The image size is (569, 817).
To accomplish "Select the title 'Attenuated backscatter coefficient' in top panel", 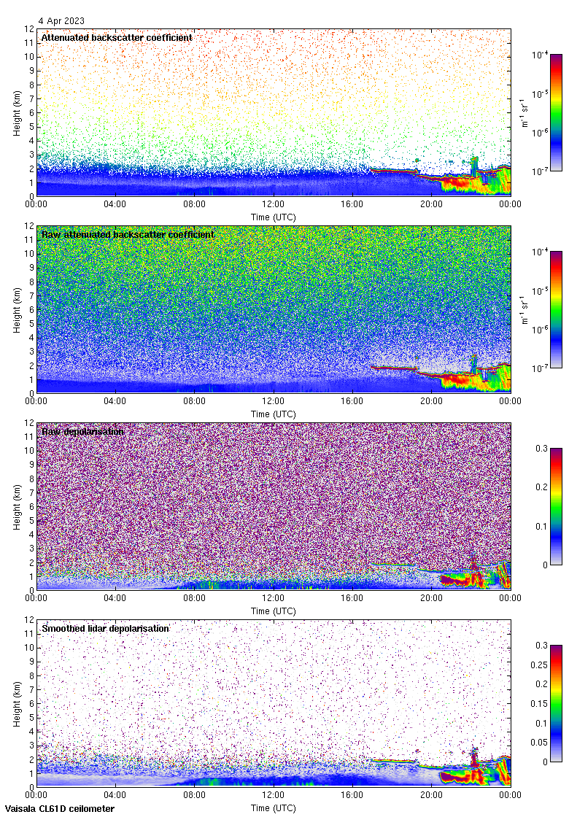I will click(x=117, y=37).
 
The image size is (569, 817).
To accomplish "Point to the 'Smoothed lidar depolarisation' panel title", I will click(x=106, y=628).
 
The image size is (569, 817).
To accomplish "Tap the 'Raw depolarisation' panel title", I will click(x=82, y=431).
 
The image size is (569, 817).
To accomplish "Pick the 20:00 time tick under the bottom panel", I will click(x=431, y=796).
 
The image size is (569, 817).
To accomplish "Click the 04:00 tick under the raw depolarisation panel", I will click(x=115, y=599).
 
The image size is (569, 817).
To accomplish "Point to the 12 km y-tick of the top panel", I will click(x=28, y=29).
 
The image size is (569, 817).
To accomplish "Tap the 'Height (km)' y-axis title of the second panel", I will click(x=17, y=309).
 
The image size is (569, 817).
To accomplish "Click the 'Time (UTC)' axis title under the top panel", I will click(x=274, y=217).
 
